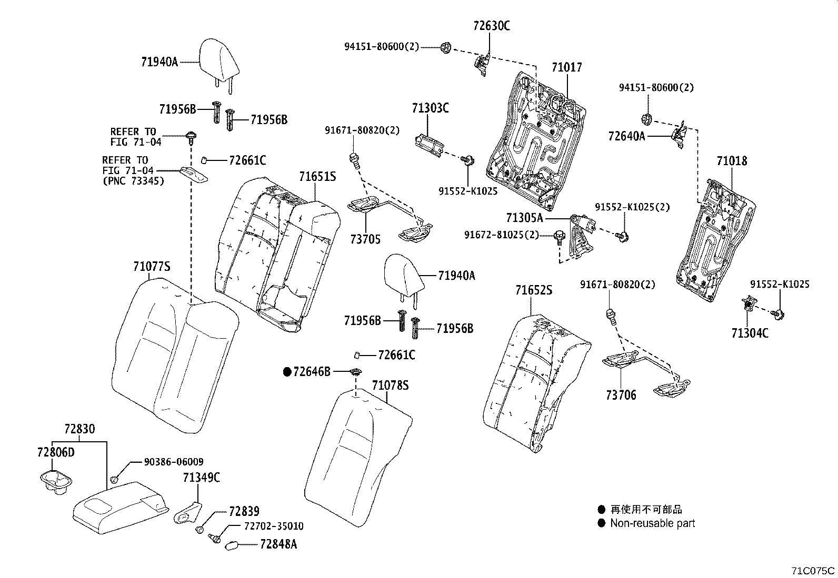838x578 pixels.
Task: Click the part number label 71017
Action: point(567,68)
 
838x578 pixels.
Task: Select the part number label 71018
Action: point(732,161)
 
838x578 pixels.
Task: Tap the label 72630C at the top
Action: point(491,26)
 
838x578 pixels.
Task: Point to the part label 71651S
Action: point(317,177)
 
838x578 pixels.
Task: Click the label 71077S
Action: point(152,267)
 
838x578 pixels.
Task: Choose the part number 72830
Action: point(79,429)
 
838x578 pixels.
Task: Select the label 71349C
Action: point(202,478)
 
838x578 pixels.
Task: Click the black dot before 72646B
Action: point(287,372)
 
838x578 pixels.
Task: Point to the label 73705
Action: point(365,240)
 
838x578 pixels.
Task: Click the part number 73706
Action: point(621,395)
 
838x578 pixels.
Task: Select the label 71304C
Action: point(750,333)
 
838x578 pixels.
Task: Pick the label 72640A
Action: point(626,137)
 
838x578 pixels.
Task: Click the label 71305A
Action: point(524,218)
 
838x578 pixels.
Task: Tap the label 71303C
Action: point(430,109)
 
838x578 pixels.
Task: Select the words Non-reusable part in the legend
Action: point(652,523)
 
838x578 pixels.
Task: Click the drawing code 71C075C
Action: point(813,571)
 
